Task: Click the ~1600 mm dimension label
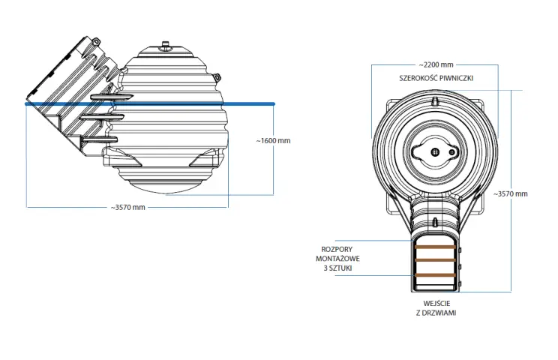(273, 140)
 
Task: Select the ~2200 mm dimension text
(436, 64)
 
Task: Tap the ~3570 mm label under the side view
(127, 208)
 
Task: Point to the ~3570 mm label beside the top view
(510, 193)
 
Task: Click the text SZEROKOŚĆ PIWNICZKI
(436, 78)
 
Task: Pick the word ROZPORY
(337, 249)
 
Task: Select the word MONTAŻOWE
(337, 259)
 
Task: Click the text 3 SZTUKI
(337, 268)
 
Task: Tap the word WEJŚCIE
(436, 304)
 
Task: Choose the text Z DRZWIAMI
(436, 313)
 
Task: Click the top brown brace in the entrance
(435, 247)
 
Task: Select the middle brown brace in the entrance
(435, 260)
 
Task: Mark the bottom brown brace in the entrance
(435, 275)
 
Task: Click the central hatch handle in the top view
(435, 152)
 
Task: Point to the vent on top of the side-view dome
(165, 45)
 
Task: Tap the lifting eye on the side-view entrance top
(95, 41)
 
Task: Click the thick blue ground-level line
(150, 103)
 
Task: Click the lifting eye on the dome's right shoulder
(216, 76)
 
